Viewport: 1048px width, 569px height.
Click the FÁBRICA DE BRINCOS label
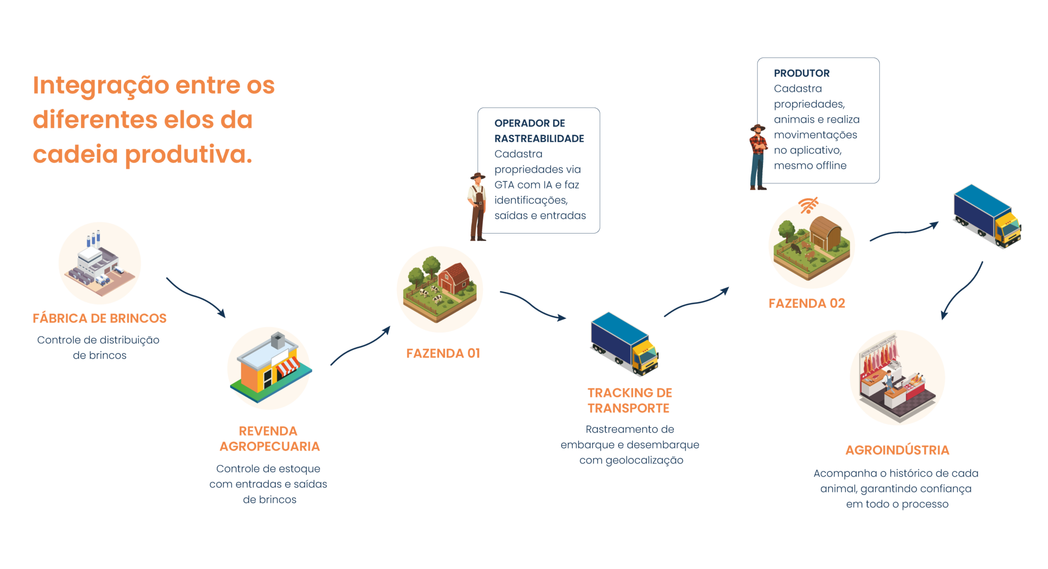click(99, 318)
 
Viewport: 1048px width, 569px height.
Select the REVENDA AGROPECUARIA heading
click(269, 438)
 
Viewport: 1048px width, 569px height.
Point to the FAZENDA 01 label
click(443, 353)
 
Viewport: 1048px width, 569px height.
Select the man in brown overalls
click(477, 207)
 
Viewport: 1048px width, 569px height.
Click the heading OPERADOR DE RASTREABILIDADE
click(538, 131)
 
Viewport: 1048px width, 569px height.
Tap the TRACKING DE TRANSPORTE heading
click(629, 400)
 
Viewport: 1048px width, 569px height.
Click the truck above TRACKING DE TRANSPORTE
click(624, 344)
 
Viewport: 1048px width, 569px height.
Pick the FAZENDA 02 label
click(806, 303)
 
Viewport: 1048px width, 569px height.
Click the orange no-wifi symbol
click(808, 205)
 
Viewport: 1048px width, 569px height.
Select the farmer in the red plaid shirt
click(758, 157)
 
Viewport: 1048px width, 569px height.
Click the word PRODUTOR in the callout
click(801, 73)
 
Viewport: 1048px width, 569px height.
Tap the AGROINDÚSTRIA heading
click(897, 450)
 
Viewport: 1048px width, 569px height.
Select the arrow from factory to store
click(195, 297)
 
